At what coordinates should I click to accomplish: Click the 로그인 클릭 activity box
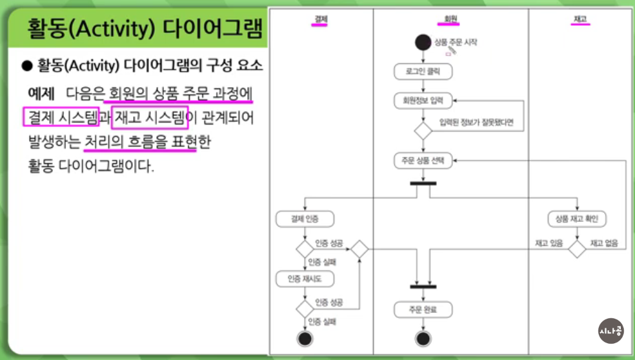click(x=423, y=72)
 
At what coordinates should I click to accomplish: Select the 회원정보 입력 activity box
click(x=423, y=101)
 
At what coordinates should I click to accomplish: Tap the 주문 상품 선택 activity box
click(x=423, y=161)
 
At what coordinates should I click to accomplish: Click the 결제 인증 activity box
click(x=305, y=219)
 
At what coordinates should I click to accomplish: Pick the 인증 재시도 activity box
click(x=305, y=279)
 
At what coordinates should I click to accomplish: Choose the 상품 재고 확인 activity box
click(x=577, y=219)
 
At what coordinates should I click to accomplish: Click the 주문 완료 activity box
click(x=423, y=310)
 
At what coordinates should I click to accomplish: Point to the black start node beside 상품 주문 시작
click(x=423, y=42)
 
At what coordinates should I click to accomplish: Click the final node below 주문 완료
click(x=423, y=339)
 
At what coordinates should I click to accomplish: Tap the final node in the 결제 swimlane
click(x=305, y=339)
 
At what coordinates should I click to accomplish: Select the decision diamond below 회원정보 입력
click(x=423, y=131)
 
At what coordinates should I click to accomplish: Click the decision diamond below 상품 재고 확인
click(x=577, y=249)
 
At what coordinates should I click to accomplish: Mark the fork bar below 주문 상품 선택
click(x=423, y=183)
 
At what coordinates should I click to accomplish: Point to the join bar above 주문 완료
click(x=423, y=286)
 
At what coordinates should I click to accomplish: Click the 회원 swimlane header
click(x=450, y=19)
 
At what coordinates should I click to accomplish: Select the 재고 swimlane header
click(x=580, y=19)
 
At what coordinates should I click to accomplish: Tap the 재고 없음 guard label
click(x=604, y=243)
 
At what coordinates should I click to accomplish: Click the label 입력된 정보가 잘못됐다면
click(x=476, y=123)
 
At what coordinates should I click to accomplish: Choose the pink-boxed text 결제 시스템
click(x=61, y=117)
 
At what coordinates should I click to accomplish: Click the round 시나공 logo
click(x=610, y=331)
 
